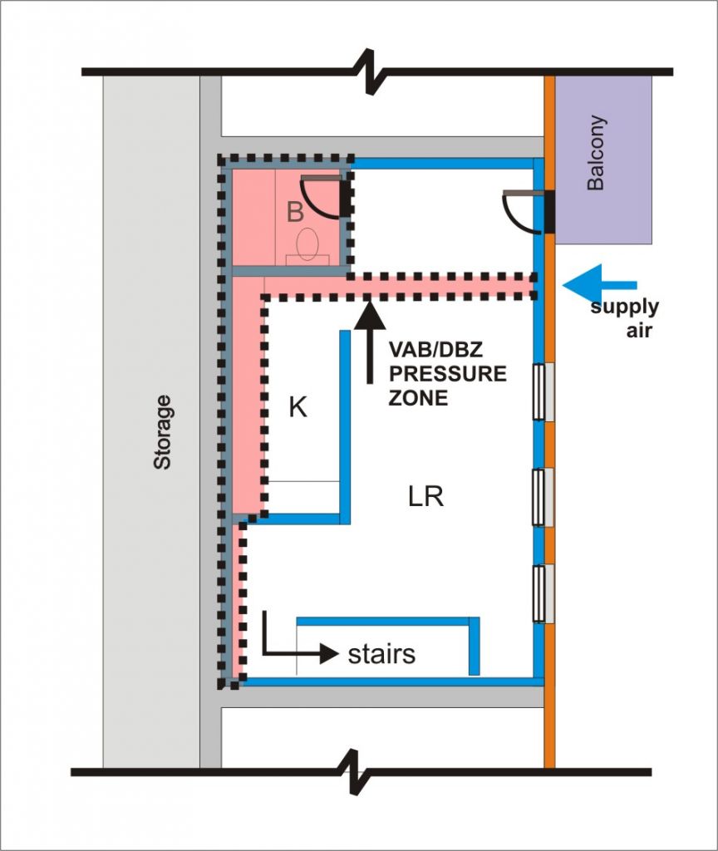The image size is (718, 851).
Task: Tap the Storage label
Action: [162, 432]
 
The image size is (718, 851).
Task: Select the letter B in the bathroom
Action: [295, 213]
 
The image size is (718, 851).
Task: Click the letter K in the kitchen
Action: [298, 408]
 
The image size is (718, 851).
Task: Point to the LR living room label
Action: [425, 497]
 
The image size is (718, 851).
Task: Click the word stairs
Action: [381, 654]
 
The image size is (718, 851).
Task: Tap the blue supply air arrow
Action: [598, 285]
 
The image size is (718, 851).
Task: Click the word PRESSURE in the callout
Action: [448, 374]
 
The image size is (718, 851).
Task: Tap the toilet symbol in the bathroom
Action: [307, 243]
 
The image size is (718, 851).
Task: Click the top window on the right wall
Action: [543, 391]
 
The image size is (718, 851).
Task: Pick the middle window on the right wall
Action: [543, 497]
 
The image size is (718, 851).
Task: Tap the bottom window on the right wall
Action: [543, 593]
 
